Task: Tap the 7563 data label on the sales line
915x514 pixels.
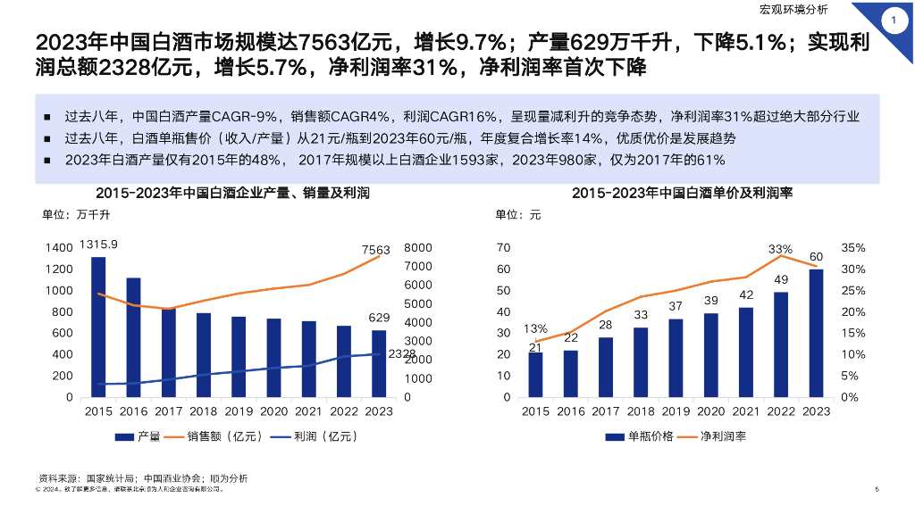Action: tap(376, 251)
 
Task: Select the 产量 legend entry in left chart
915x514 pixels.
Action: tap(139, 436)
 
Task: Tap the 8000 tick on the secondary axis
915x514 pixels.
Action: tap(418, 248)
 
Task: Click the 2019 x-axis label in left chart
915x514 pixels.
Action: tap(239, 411)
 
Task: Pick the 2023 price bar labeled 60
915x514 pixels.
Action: tap(817, 333)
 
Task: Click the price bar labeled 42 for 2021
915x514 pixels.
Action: tap(746, 352)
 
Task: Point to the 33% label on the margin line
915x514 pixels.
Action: tap(780, 249)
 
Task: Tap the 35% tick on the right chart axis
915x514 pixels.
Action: tap(854, 248)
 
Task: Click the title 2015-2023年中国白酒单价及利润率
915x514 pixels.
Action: tap(683, 193)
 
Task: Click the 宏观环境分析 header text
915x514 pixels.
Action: tap(793, 11)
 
